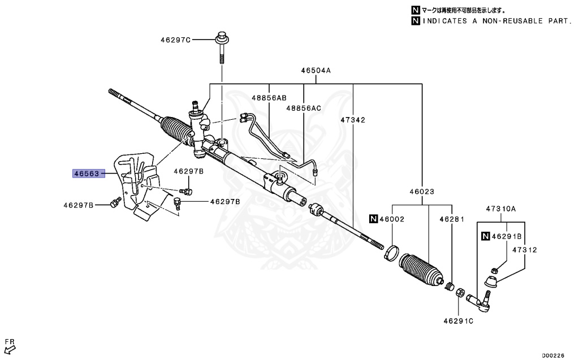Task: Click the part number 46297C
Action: tap(175, 40)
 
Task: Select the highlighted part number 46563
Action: tap(86, 174)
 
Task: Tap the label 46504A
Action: tap(316, 71)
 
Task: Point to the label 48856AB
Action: tap(269, 97)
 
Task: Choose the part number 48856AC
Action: tap(303, 108)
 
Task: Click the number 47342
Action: tap(353, 120)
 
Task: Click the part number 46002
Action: tap(392, 218)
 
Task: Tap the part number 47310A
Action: tap(501, 209)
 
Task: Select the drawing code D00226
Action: tap(554, 355)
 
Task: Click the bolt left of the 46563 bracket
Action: tap(115, 202)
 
